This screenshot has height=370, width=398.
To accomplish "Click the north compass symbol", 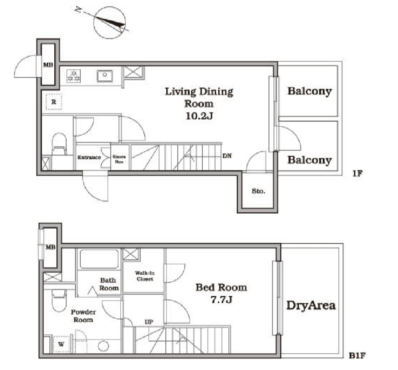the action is (x=109, y=23).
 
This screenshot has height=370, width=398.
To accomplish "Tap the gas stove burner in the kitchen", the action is (x=74, y=76).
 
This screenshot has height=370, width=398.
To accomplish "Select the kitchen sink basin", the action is (x=104, y=76).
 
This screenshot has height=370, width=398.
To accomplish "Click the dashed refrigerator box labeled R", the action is (x=54, y=102).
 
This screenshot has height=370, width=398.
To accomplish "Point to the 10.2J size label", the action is (x=199, y=116).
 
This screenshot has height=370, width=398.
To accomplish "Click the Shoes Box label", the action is (x=119, y=159).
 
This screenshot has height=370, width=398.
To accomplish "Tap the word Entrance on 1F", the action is (x=89, y=157).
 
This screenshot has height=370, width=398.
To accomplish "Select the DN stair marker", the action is (x=227, y=155).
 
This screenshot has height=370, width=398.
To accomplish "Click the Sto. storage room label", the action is (x=258, y=191).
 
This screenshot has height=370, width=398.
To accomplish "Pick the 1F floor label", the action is (x=357, y=174).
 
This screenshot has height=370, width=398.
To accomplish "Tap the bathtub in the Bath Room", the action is (x=99, y=259).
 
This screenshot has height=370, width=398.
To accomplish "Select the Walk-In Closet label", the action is (x=145, y=276).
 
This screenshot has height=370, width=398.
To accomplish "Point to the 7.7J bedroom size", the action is (x=222, y=299).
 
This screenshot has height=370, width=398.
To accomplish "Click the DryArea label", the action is (x=311, y=305).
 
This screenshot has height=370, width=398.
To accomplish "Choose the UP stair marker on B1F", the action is (x=149, y=322).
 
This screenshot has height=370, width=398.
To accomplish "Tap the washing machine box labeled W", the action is (x=61, y=344).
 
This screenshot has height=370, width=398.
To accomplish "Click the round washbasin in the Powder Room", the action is (x=103, y=346).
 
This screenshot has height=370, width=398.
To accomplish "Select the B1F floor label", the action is (x=357, y=355).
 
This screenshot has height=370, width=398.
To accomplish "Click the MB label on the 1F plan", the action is (x=48, y=65).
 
